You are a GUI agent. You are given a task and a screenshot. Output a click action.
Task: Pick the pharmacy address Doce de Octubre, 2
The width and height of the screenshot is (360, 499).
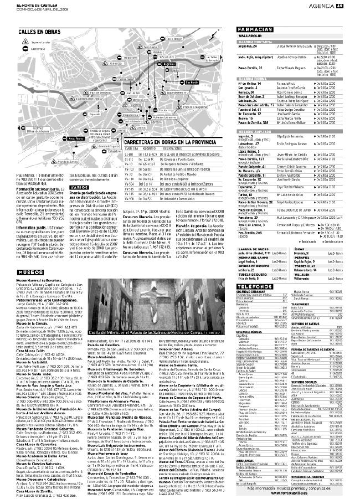253,97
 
